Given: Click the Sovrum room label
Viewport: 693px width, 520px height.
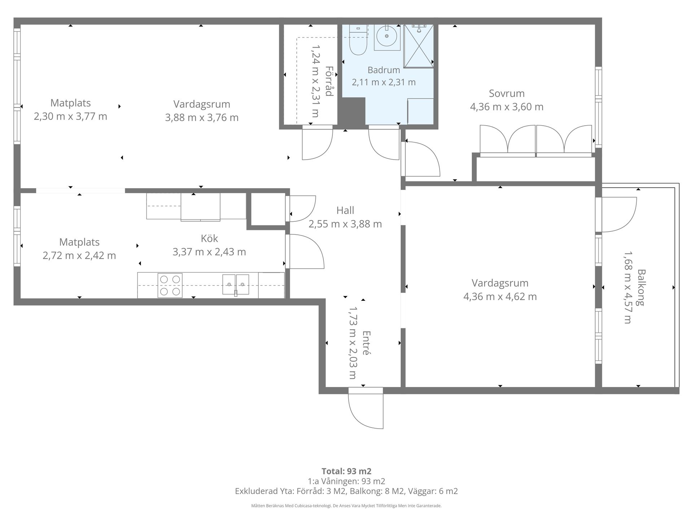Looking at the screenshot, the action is point(506,94).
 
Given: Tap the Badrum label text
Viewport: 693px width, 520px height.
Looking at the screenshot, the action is point(384,70).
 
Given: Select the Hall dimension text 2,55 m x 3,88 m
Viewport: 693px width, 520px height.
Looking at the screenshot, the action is point(345,224).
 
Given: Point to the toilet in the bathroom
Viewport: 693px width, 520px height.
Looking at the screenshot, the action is point(358,40).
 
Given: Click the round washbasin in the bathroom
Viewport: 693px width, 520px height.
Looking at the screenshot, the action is point(387,36).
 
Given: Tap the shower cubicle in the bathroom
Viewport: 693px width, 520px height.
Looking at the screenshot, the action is point(418,46).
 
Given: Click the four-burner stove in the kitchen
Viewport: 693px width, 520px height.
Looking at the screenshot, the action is point(170,285).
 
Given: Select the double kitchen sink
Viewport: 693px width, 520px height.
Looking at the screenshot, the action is point(236,285).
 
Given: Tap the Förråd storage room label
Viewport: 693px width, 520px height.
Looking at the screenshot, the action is point(328,81).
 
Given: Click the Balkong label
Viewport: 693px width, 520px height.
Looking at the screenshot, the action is point(641,287).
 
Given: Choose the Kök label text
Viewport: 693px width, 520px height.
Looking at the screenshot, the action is point(209,238).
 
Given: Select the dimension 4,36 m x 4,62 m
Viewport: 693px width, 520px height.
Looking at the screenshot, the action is point(500,297).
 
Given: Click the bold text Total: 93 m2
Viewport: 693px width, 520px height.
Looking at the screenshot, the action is point(346,471).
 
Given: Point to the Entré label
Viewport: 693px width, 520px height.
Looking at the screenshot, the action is point(366,343).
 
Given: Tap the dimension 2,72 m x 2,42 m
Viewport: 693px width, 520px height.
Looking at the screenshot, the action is point(79,256).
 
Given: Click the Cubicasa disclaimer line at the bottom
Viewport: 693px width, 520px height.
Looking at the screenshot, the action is point(346,506).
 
